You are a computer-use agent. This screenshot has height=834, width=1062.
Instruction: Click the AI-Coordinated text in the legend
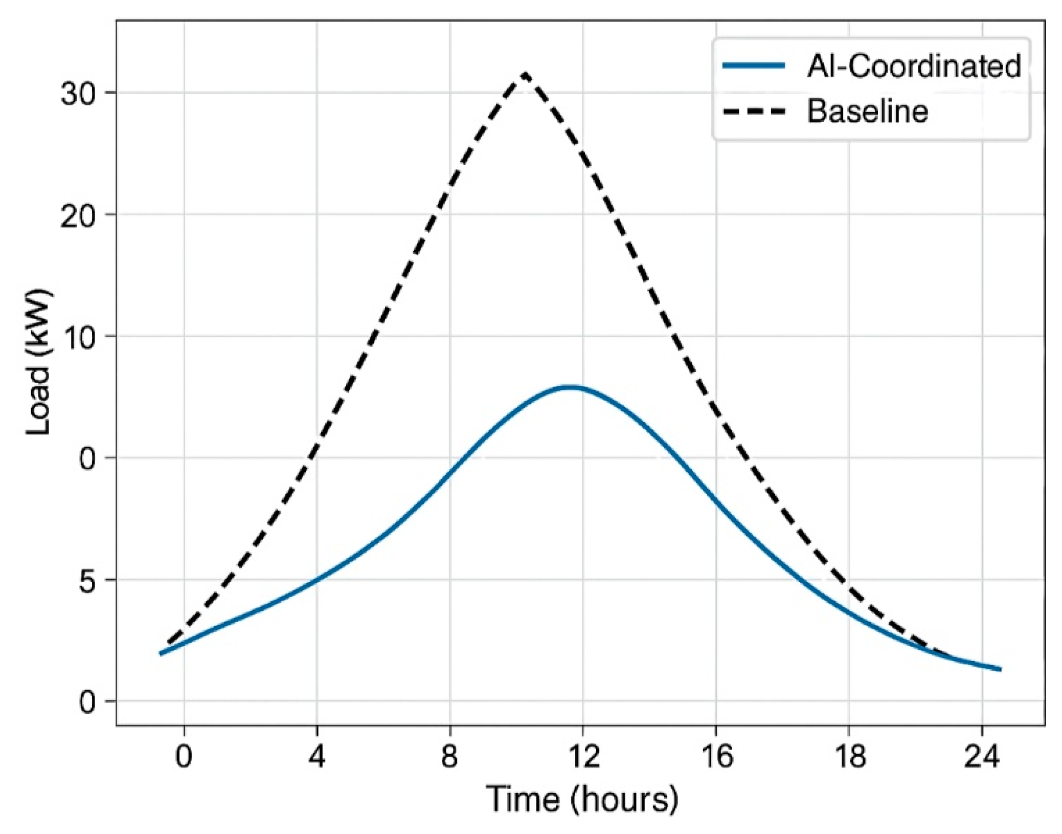[x=914, y=66]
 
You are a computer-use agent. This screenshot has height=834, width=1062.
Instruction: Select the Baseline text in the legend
[x=867, y=111]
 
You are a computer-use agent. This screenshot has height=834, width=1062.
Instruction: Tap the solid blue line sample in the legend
[x=753, y=65]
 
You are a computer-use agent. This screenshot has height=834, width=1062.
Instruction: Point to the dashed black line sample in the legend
[x=753, y=111]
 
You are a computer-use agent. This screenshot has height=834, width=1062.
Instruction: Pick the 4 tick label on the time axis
[x=317, y=756]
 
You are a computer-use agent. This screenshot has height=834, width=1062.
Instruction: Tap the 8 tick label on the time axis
[x=449, y=756]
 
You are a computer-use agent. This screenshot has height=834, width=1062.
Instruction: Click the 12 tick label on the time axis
[x=582, y=756]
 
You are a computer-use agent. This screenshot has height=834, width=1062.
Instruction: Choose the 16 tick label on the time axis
[x=715, y=756]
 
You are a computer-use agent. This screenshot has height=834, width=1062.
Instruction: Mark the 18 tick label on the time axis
[x=848, y=756]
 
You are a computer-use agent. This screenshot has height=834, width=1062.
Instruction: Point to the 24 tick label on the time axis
[x=981, y=756]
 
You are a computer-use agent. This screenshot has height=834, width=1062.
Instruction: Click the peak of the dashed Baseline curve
[x=525, y=74]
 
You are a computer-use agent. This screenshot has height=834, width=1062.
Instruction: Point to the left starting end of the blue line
[x=161, y=653]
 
